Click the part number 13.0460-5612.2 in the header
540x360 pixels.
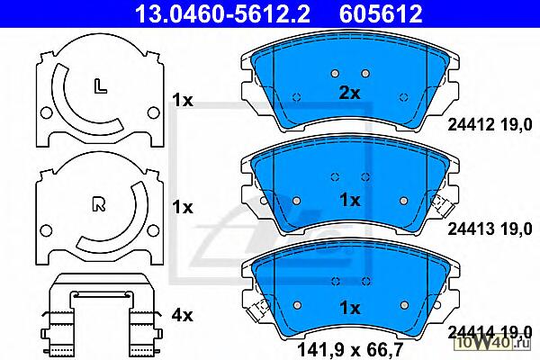click(222, 13)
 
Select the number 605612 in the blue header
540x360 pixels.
click(381, 13)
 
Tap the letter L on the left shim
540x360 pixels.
click(100, 86)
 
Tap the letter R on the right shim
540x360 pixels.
click(99, 203)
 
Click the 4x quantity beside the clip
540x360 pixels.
click(183, 315)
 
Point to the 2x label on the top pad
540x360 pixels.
click(349, 93)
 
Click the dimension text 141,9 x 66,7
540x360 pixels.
click(349, 350)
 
